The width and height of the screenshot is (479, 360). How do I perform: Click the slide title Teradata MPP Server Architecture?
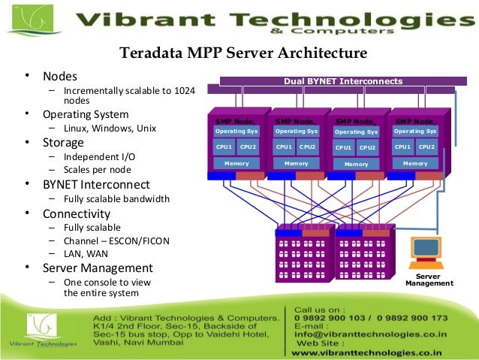pyautogui.click(x=243, y=53)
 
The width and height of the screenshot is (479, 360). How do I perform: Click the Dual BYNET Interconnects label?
pyautogui.click(x=342, y=81)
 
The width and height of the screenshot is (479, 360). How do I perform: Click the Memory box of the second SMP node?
pyautogui.click(x=296, y=163)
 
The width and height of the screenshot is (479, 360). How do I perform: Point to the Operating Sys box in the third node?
pyautogui.click(x=356, y=132)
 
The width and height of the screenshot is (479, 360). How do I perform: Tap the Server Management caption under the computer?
pyautogui.click(x=429, y=280)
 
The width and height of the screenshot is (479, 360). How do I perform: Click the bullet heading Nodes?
pyautogui.click(x=59, y=76)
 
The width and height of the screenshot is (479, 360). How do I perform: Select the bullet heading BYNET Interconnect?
pyautogui.click(x=95, y=184)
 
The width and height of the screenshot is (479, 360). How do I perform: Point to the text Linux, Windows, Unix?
pyautogui.click(x=110, y=129)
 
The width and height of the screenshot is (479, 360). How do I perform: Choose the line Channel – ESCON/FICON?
pyautogui.click(x=116, y=241)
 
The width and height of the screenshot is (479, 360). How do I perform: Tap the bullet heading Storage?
pyautogui.click(x=64, y=142)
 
